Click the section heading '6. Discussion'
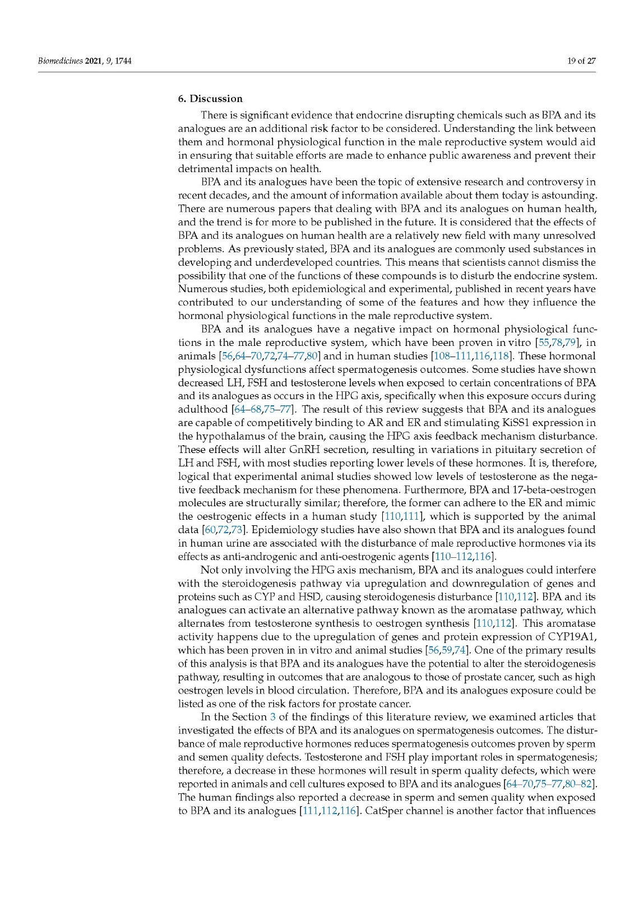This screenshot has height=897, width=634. [210, 99]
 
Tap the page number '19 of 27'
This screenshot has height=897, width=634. [581, 61]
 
